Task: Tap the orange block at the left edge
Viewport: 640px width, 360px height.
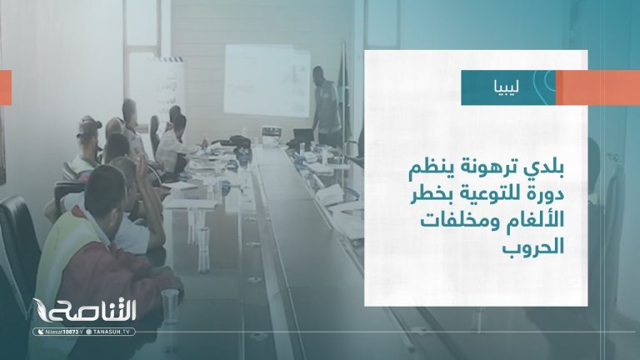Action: click(5, 87)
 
